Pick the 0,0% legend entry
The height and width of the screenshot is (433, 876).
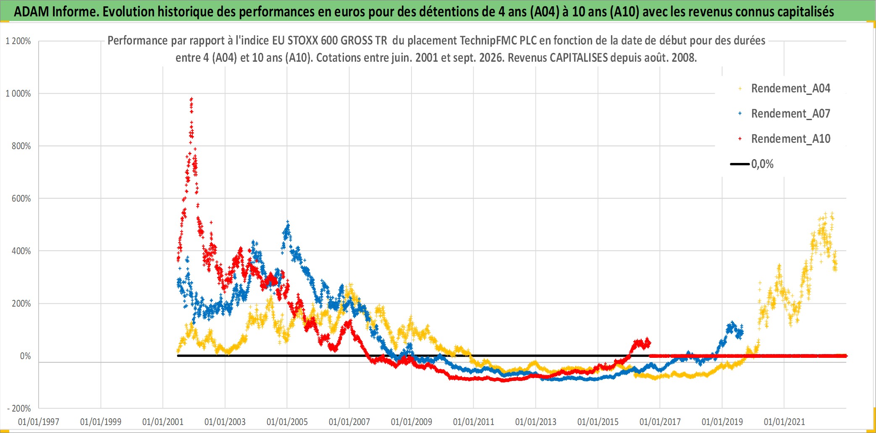(x=752, y=164)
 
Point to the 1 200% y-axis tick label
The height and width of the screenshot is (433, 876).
(x=18, y=41)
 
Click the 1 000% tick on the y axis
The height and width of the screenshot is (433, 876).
(x=18, y=94)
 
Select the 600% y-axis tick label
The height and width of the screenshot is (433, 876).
(x=21, y=199)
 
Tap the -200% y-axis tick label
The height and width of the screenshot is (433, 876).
(x=19, y=409)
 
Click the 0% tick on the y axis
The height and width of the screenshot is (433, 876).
(x=26, y=356)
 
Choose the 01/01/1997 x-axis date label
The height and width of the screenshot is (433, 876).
(x=39, y=422)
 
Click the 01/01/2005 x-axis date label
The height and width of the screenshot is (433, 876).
(x=287, y=422)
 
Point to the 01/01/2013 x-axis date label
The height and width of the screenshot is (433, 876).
(x=536, y=422)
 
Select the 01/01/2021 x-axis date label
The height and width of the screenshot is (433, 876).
(x=784, y=422)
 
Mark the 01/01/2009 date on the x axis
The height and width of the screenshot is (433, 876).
(x=412, y=422)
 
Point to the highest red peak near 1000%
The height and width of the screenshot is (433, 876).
(x=191, y=99)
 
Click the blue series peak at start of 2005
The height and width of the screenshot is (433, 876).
(x=288, y=222)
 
